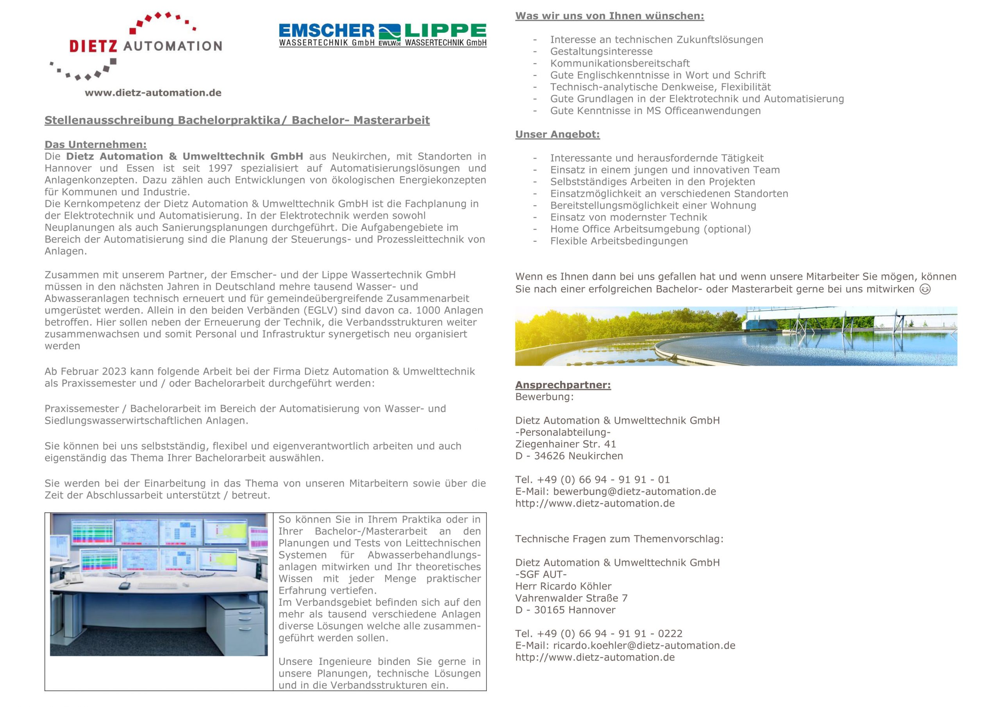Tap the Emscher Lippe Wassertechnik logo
pyautogui.click(x=382, y=35)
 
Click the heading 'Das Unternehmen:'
pyautogui.click(x=95, y=145)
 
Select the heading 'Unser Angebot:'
pyautogui.click(x=557, y=135)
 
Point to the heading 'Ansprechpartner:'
pyautogui.click(x=563, y=385)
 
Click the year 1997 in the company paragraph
pyautogui.click(x=220, y=169)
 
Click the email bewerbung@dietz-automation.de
pyautogui.click(x=634, y=492)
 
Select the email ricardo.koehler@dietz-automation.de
pyautogui.click(x=644, y=646)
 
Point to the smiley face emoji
pyautogui.click(x=925, y=289)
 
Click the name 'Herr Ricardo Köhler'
pyautogui.click(x=563, y=587)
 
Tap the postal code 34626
pyautogui.click(x=550, y=456)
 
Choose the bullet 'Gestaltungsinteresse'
pyautogui.click(x=601, y=52)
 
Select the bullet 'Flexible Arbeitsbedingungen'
pyautogui.click(x=618, y=241)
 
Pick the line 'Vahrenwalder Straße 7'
pyautogui.click(x=571, y=598)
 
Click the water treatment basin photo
pyautogui.click(x=736, y=336)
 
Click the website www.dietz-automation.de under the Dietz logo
pyautogui.click(x=153, y=93)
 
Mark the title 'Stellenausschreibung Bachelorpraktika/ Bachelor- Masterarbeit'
pyautogui.click(x=237, y=121)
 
